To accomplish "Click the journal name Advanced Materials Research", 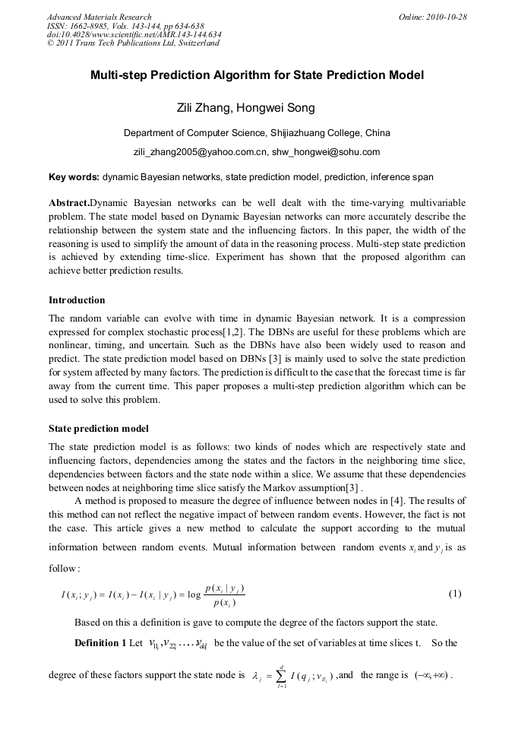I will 99,17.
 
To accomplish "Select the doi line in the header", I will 134,34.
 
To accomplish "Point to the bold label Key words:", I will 74,177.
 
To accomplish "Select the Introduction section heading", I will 77,300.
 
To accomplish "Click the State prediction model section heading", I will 99,429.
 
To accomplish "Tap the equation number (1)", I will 455,593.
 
